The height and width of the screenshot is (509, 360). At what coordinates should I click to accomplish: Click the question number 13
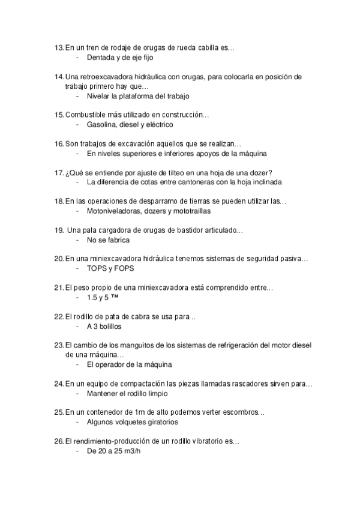[58, 47]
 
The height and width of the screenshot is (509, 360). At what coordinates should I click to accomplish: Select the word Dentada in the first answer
[100, 58]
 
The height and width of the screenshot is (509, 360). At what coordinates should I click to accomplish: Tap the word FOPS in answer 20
[124, 269]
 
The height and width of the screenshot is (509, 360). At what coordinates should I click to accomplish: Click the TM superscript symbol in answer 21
[115, 297]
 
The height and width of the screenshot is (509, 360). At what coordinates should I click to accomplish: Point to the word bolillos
[109, 327]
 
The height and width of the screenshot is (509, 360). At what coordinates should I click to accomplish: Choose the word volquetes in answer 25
[130, 423]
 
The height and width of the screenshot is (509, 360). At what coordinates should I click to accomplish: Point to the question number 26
[58, 441]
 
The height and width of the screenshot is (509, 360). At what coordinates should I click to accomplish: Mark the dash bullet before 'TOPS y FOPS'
[78, 269]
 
